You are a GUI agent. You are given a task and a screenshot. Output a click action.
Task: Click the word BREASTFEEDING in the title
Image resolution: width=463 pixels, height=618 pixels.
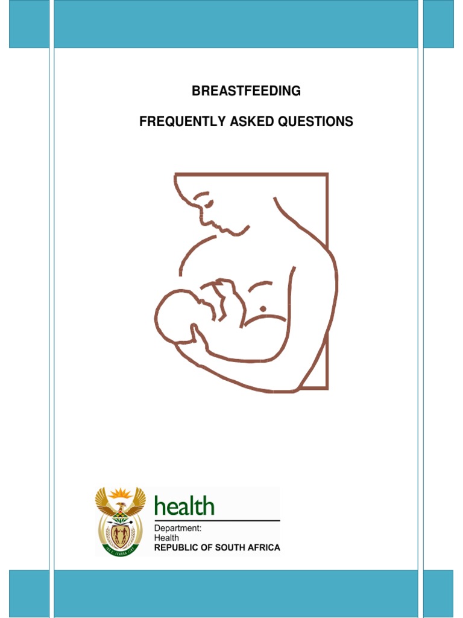(246, 92)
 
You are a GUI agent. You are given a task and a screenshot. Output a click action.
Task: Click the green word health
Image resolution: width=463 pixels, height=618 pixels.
(184, 506)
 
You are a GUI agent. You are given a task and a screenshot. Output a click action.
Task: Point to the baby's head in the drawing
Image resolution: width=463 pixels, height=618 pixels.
(176, 314)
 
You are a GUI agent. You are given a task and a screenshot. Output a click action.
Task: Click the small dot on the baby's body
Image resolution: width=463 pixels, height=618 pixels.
(263, 309)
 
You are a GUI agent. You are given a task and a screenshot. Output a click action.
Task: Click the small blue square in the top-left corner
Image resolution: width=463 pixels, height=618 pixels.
(29, 24)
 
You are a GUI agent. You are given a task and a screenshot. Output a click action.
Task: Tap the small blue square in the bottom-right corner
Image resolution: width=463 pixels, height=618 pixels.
(438, 593)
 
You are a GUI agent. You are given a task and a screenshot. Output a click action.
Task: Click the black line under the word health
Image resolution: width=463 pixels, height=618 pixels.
(217, 520)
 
